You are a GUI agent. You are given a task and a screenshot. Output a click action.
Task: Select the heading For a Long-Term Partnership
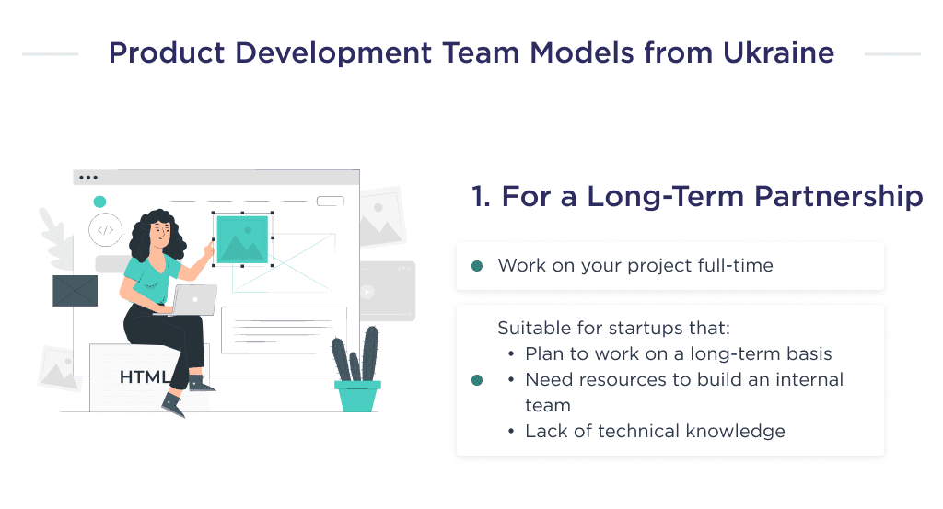(x=696, y=196)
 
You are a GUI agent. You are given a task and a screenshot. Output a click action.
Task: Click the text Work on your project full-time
(x=635, y=266)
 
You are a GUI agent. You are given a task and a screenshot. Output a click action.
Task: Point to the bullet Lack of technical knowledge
(x=655, y=431)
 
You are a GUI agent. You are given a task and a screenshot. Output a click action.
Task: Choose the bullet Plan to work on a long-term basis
(x=678, y=353)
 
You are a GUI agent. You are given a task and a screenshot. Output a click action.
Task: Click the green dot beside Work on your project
(x=477, y=266)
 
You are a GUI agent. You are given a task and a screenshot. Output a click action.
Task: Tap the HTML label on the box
(x=144, y=377)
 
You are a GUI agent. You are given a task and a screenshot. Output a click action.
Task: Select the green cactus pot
(x=357, y=395)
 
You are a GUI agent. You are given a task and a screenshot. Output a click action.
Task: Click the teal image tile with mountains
(x=242, y=239)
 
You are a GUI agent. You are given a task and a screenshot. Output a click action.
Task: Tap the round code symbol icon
(x=105, y=230)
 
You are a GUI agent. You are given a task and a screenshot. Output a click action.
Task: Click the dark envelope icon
(x=75, y=291)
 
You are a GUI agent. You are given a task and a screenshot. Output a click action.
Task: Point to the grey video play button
(x=367, y=292)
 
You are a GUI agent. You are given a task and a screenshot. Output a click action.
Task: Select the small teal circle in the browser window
(x=99, y=202)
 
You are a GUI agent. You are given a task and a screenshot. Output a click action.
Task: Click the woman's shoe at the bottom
(x=172, y=403)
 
